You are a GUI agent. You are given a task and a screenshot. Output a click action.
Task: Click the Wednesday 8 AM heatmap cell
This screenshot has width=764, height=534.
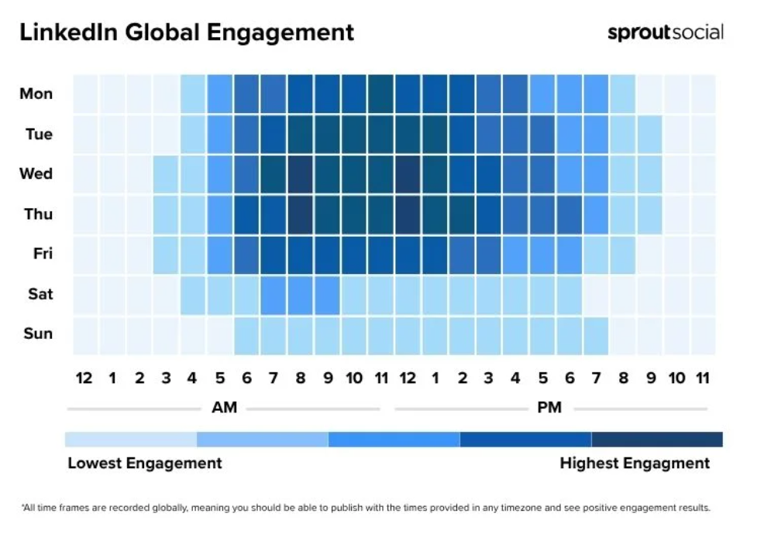tap(301, 174)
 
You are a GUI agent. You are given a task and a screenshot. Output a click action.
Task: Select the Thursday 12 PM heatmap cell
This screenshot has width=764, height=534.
tap(408, 214)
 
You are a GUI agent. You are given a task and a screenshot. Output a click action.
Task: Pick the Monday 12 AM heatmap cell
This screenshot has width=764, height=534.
tap(86, 94)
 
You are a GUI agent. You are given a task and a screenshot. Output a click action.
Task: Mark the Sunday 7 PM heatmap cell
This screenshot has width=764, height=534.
tap(595, 334)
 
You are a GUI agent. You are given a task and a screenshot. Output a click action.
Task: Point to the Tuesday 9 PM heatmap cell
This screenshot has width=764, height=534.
tap(649, 134)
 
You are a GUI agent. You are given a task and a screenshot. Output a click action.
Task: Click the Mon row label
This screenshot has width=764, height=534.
tap(36, 94)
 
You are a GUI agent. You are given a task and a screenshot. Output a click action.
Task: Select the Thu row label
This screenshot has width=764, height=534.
tap(38, 214)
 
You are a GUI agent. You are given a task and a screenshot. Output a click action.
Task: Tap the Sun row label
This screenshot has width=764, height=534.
tap(38, 334)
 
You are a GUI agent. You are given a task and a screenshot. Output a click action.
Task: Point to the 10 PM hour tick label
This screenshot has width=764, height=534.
tap(677, 378)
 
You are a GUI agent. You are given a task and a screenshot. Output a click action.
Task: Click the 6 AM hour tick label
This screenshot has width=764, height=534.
tap(247, 378)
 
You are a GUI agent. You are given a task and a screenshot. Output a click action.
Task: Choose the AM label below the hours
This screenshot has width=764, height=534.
tap(224, 408)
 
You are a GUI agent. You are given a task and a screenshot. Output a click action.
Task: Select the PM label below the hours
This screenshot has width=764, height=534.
tap(549, 408)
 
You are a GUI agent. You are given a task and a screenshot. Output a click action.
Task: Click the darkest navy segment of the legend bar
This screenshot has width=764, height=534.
tap(656, 440)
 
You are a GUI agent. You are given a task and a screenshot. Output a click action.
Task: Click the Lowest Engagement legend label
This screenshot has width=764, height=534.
tap(145, 464)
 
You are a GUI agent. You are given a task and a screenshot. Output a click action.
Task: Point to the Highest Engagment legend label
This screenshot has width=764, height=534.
tap(635, 464)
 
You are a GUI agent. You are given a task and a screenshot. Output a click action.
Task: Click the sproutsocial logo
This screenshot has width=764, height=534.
tap(665, 33)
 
